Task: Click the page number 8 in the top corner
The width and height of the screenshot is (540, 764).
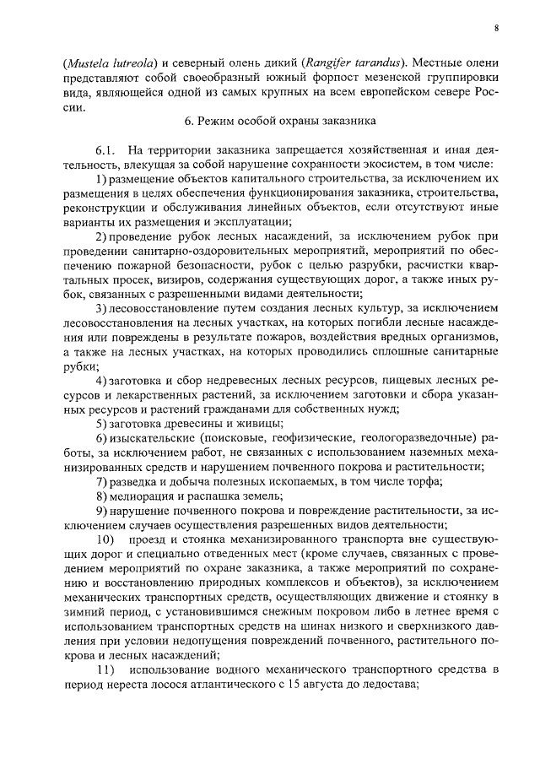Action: (x=497, y=28)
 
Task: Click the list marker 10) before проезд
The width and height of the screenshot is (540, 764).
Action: (x=104, y=538)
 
